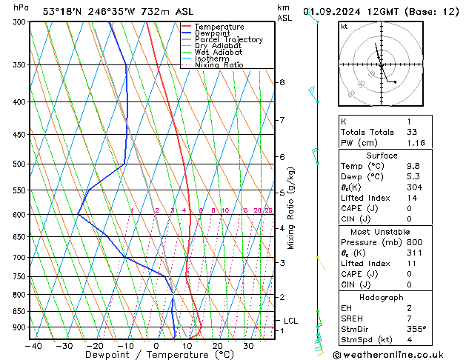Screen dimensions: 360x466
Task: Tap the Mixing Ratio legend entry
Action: tap(219, 65)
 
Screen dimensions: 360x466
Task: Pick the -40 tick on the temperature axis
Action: tap(33, 345)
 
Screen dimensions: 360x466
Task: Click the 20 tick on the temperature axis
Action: tap(218, 345)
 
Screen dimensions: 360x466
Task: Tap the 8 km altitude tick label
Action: tap(282, 82)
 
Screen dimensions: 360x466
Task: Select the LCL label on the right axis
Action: tap(290, 321)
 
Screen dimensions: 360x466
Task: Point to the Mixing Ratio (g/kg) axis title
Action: tap(291, 208)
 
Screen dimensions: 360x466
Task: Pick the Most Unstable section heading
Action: tap(382, 232)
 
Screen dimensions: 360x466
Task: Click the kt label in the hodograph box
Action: tap(344, 26)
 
